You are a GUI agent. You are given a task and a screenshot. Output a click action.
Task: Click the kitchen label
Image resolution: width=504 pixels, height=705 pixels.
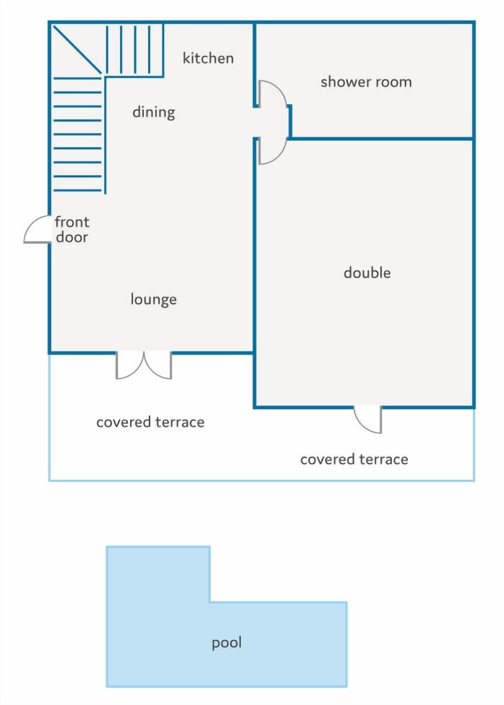click(208, 58)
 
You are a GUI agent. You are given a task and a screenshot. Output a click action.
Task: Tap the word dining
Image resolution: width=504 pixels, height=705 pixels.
click(154, 112)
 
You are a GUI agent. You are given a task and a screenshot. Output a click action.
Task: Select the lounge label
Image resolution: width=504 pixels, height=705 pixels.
click(154, 299)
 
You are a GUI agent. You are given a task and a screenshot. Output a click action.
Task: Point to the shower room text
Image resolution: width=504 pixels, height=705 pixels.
click(366, 82)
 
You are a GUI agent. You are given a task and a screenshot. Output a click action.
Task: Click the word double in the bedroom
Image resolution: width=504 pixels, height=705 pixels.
click(367, 272)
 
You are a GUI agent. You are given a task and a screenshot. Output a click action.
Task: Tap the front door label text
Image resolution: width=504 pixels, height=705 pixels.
click(72, 230)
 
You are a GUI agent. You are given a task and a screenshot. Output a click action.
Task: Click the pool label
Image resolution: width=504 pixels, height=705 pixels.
click(227, 643)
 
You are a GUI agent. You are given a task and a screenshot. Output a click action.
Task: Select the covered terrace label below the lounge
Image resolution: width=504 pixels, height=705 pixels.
click(150, 422)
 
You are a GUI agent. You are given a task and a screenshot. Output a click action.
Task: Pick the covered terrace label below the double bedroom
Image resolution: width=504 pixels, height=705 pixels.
click(354, 459)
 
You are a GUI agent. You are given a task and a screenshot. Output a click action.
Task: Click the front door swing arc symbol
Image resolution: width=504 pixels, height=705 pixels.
click(31, 224)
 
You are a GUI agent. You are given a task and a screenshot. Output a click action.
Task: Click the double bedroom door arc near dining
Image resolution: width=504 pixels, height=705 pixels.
click(279, 155)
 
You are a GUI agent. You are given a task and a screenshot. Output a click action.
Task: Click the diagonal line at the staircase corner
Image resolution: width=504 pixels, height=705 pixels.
click(77, 49)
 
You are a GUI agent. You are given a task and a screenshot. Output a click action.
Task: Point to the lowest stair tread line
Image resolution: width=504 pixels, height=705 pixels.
click(78, 190)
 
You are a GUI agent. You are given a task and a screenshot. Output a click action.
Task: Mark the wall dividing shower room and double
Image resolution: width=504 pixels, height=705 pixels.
click(382, 138)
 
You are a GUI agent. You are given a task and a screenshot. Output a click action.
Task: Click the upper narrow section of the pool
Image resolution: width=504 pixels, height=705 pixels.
click(158, 573)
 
